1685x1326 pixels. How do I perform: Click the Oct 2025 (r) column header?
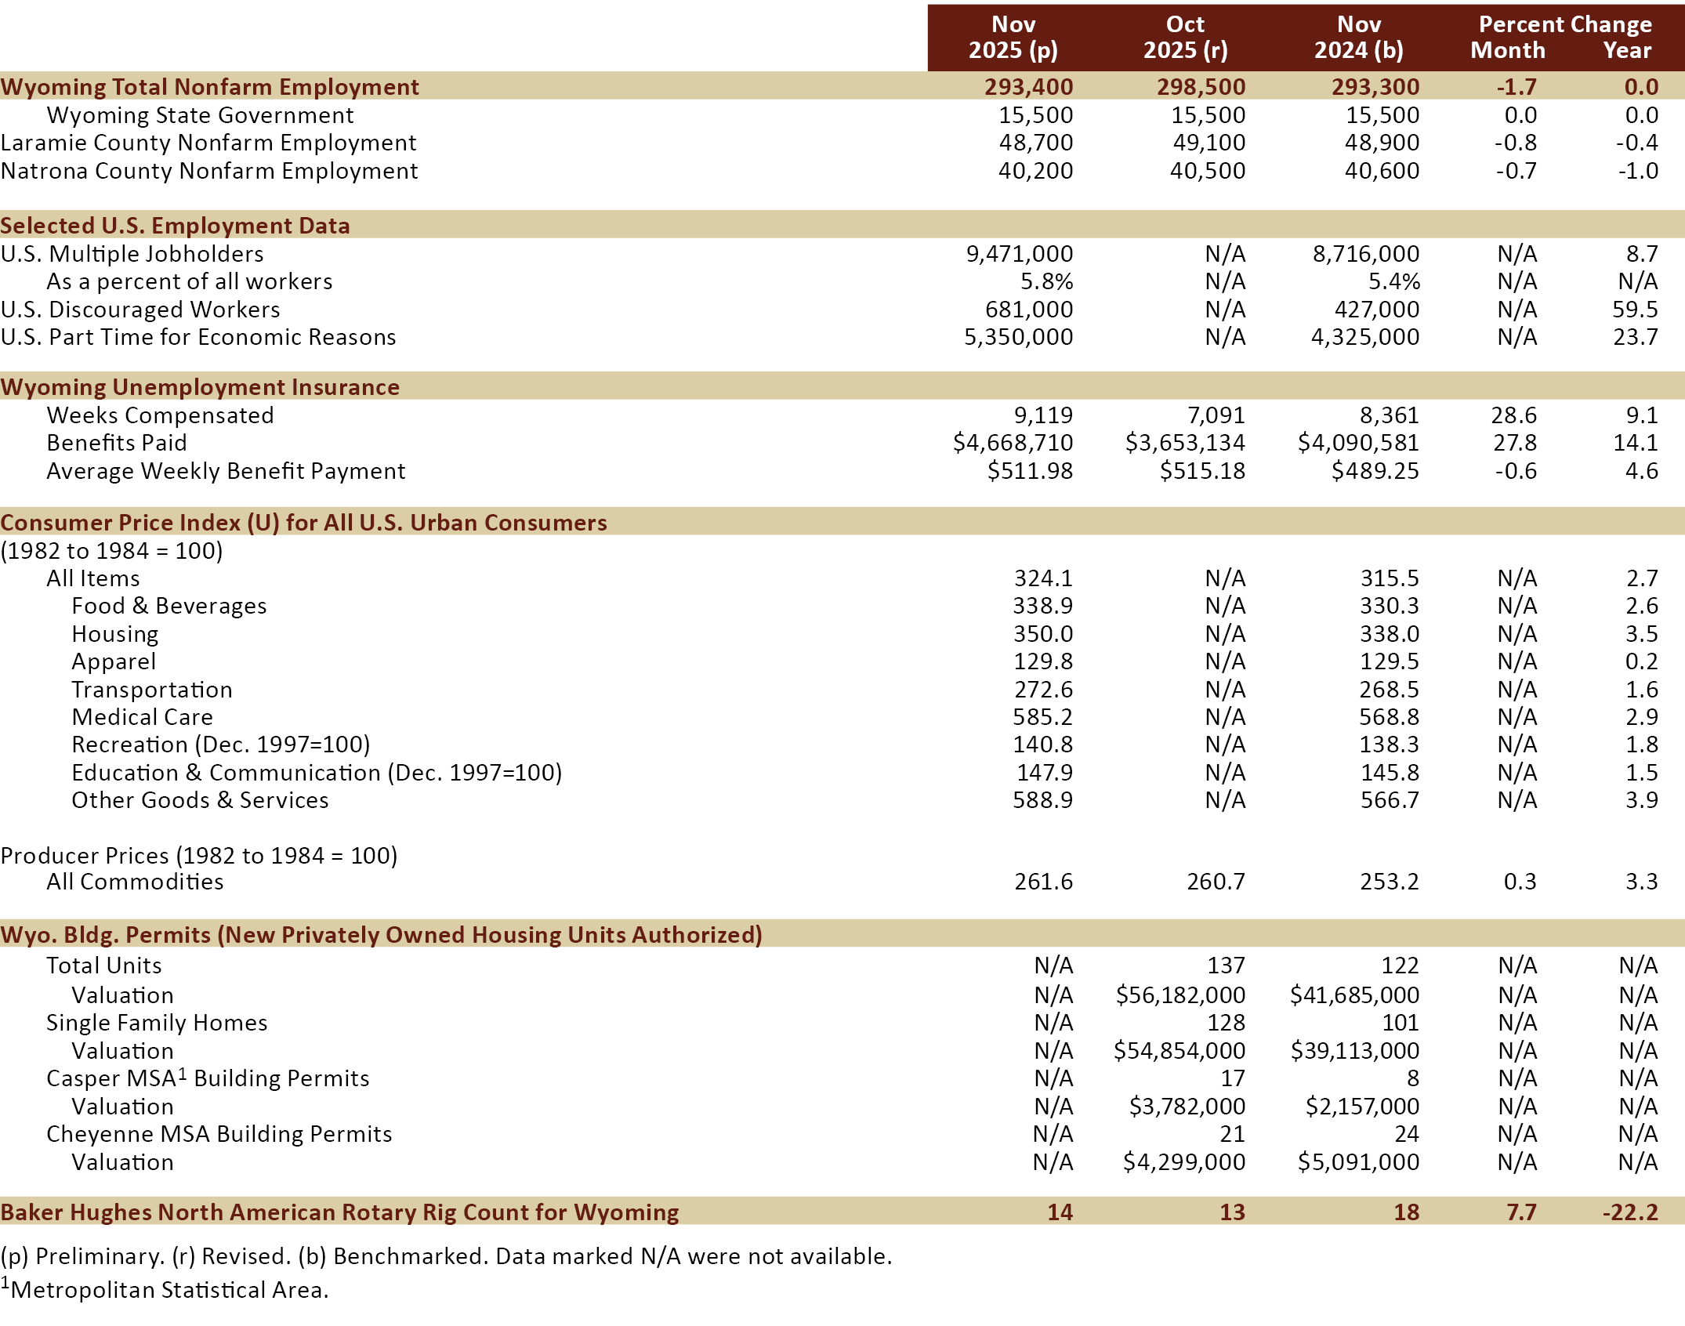pos(1185,38)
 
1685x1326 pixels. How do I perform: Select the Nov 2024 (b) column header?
pos(1358,38)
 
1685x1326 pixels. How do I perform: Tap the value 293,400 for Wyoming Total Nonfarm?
pos(1028,87)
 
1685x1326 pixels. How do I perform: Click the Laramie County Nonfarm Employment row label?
pos(208,143)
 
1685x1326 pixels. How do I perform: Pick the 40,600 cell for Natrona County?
pos(1382,171)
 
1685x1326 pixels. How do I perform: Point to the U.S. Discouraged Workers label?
pos(140,310)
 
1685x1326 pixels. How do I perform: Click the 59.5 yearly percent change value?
pos(1635,310)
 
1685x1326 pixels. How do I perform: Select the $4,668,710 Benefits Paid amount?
pos(1013,443)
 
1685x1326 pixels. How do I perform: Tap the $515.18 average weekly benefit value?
pos(1202,471)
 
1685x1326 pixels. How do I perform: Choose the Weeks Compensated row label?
pos(160,415)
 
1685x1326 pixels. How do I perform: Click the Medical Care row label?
pos(142,717)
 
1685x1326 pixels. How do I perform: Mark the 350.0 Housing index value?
pos(1043,634)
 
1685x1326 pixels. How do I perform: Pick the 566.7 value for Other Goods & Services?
pos(1390,800)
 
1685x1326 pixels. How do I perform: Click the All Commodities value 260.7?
pos(1216,882)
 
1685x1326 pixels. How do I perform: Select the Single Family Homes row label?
pos(157,1023)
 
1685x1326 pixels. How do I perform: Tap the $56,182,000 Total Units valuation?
pos(1180,995)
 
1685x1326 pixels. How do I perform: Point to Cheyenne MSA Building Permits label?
pos(219,1134)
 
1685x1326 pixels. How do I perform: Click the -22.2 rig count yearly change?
pos(1630,1212)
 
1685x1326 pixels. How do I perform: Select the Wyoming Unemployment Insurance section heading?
pos(200,387)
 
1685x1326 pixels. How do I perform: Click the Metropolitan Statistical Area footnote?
pos(168,1290)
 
